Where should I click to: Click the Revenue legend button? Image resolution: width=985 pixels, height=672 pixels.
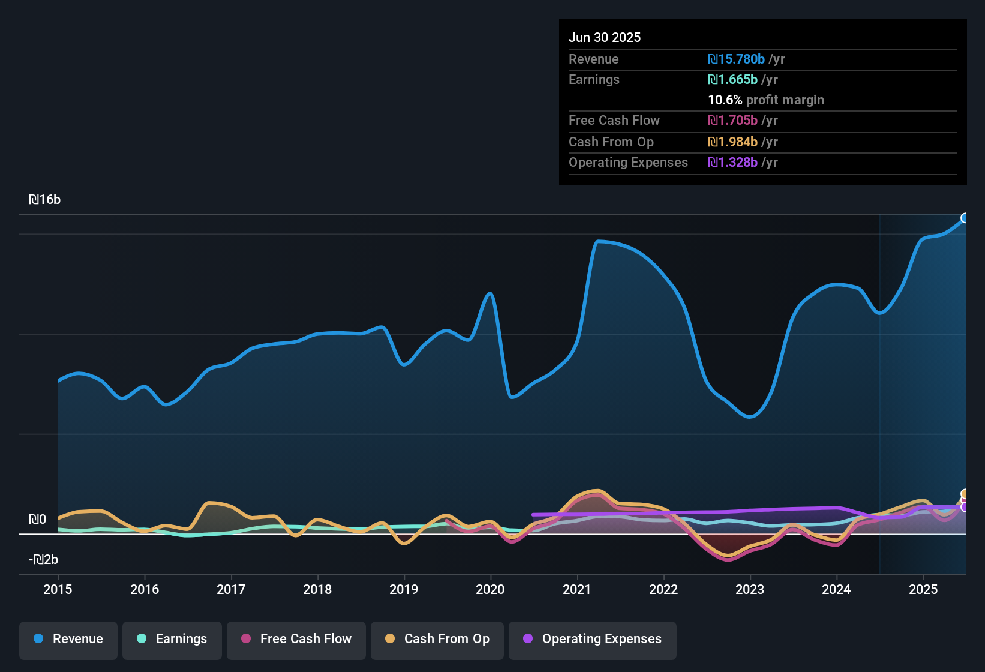pyautogui.click(x=68, y=639)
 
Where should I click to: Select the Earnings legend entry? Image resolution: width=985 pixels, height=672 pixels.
pyautogui.click(x=172, y=639)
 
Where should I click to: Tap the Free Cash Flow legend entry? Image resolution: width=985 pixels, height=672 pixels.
pyautogui.click(x=296, y=639)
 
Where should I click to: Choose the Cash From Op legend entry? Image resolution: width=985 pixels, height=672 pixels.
pyautogui.click(x=437, y=639)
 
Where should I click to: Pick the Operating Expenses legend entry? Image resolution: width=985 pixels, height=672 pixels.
pyautogui.click(x=593, y=639)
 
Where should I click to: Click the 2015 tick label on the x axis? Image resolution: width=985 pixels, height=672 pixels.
pyautogui.click(x=58, y=589)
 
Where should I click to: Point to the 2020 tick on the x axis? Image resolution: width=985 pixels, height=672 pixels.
pyautogui.click(x=490, y=589)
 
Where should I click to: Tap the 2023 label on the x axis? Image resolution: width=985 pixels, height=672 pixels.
pyautogui.click(x=750, y=589)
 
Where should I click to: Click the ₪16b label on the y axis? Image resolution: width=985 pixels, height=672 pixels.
pyautogui.click(x=45, y=200)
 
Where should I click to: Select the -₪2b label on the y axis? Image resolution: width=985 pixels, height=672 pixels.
pyautogui.click(x=44, y=560)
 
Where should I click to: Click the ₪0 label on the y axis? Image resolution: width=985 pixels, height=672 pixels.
pyautogui.click(x=37, y=520)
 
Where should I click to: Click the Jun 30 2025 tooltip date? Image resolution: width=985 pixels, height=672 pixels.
pyautogui.click(x=605, y=37)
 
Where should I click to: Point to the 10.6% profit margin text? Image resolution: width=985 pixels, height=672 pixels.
pyautogui.click(x=766, y=100)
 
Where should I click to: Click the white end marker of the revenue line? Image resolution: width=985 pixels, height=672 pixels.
pyautogui.click(x=965, y=218)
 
